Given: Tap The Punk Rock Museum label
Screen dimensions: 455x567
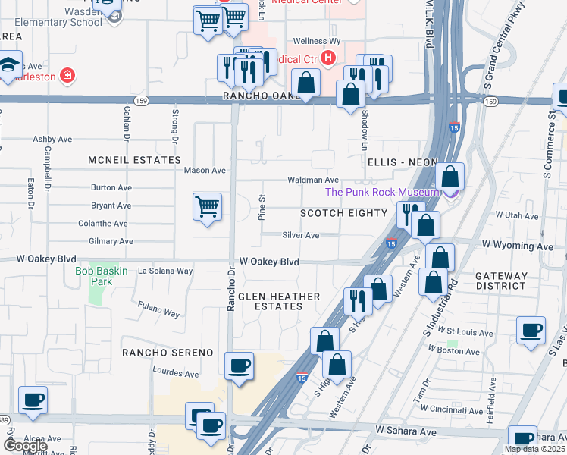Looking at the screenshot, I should coord(383,192).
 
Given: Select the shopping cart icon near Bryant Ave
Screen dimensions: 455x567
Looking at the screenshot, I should coord(207,206).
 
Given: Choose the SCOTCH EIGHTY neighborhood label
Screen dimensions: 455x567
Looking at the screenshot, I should coord(343,213).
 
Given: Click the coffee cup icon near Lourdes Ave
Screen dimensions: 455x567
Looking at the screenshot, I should coord(240,367).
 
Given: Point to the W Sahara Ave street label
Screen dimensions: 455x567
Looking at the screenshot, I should coord(406,431).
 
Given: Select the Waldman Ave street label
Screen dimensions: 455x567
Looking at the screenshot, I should coord(312,180).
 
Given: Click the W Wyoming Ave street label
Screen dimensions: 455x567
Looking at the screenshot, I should coord(518,246).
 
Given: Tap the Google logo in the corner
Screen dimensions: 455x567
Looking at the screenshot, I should coord(25,446).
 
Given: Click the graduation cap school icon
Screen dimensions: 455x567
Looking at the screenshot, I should coord(10,64).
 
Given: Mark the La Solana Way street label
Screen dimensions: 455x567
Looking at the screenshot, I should coord(165,271).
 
